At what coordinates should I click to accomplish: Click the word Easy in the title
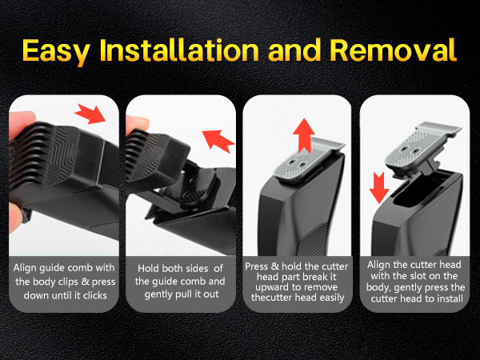56,51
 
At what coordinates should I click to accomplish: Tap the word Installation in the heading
179,50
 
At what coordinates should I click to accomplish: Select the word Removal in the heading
393,50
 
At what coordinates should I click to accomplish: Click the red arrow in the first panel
90,114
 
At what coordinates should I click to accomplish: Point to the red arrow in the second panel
218,140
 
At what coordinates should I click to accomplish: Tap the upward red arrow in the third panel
304,135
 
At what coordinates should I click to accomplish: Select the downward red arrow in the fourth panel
379,187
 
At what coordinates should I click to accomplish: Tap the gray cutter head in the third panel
309,161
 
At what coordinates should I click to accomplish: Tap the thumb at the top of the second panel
137,125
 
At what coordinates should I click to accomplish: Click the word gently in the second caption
158,294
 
